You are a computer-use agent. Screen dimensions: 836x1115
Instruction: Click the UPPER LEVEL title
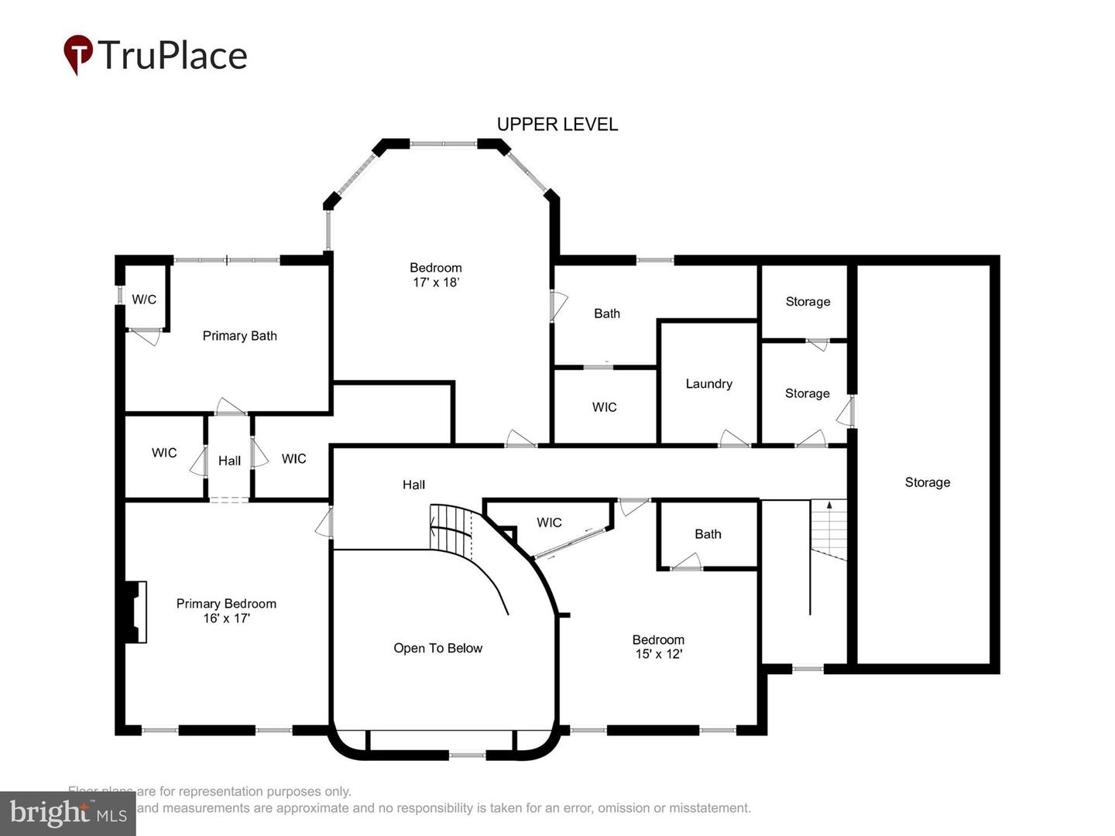point(557,124)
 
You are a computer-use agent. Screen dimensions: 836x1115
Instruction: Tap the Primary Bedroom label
point(226,604)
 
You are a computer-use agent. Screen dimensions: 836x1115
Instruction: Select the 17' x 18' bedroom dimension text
point(436,283)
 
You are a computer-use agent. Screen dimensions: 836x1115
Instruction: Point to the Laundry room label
point(708,384)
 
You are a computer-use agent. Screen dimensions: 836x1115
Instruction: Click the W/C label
point(144,300)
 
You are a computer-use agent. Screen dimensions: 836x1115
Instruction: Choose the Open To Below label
point(437,649)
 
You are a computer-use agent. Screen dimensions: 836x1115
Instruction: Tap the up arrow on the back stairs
point(829,505)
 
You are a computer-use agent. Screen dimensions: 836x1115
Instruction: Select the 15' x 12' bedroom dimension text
point(658,654)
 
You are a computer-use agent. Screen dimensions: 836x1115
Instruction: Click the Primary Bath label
point(239,336)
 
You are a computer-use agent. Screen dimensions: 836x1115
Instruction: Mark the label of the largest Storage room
point(927,482)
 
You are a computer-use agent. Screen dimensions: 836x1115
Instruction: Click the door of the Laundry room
point(734,439)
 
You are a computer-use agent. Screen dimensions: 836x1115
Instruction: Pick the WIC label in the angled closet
point(549,522)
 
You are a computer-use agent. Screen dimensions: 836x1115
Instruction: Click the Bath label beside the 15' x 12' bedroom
point(708,534)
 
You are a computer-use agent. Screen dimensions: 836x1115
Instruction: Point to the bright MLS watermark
point(68,814)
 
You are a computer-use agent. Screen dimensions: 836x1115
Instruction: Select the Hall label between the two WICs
point(229,461)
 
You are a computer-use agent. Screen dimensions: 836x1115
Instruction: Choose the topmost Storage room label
point(808,302)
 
